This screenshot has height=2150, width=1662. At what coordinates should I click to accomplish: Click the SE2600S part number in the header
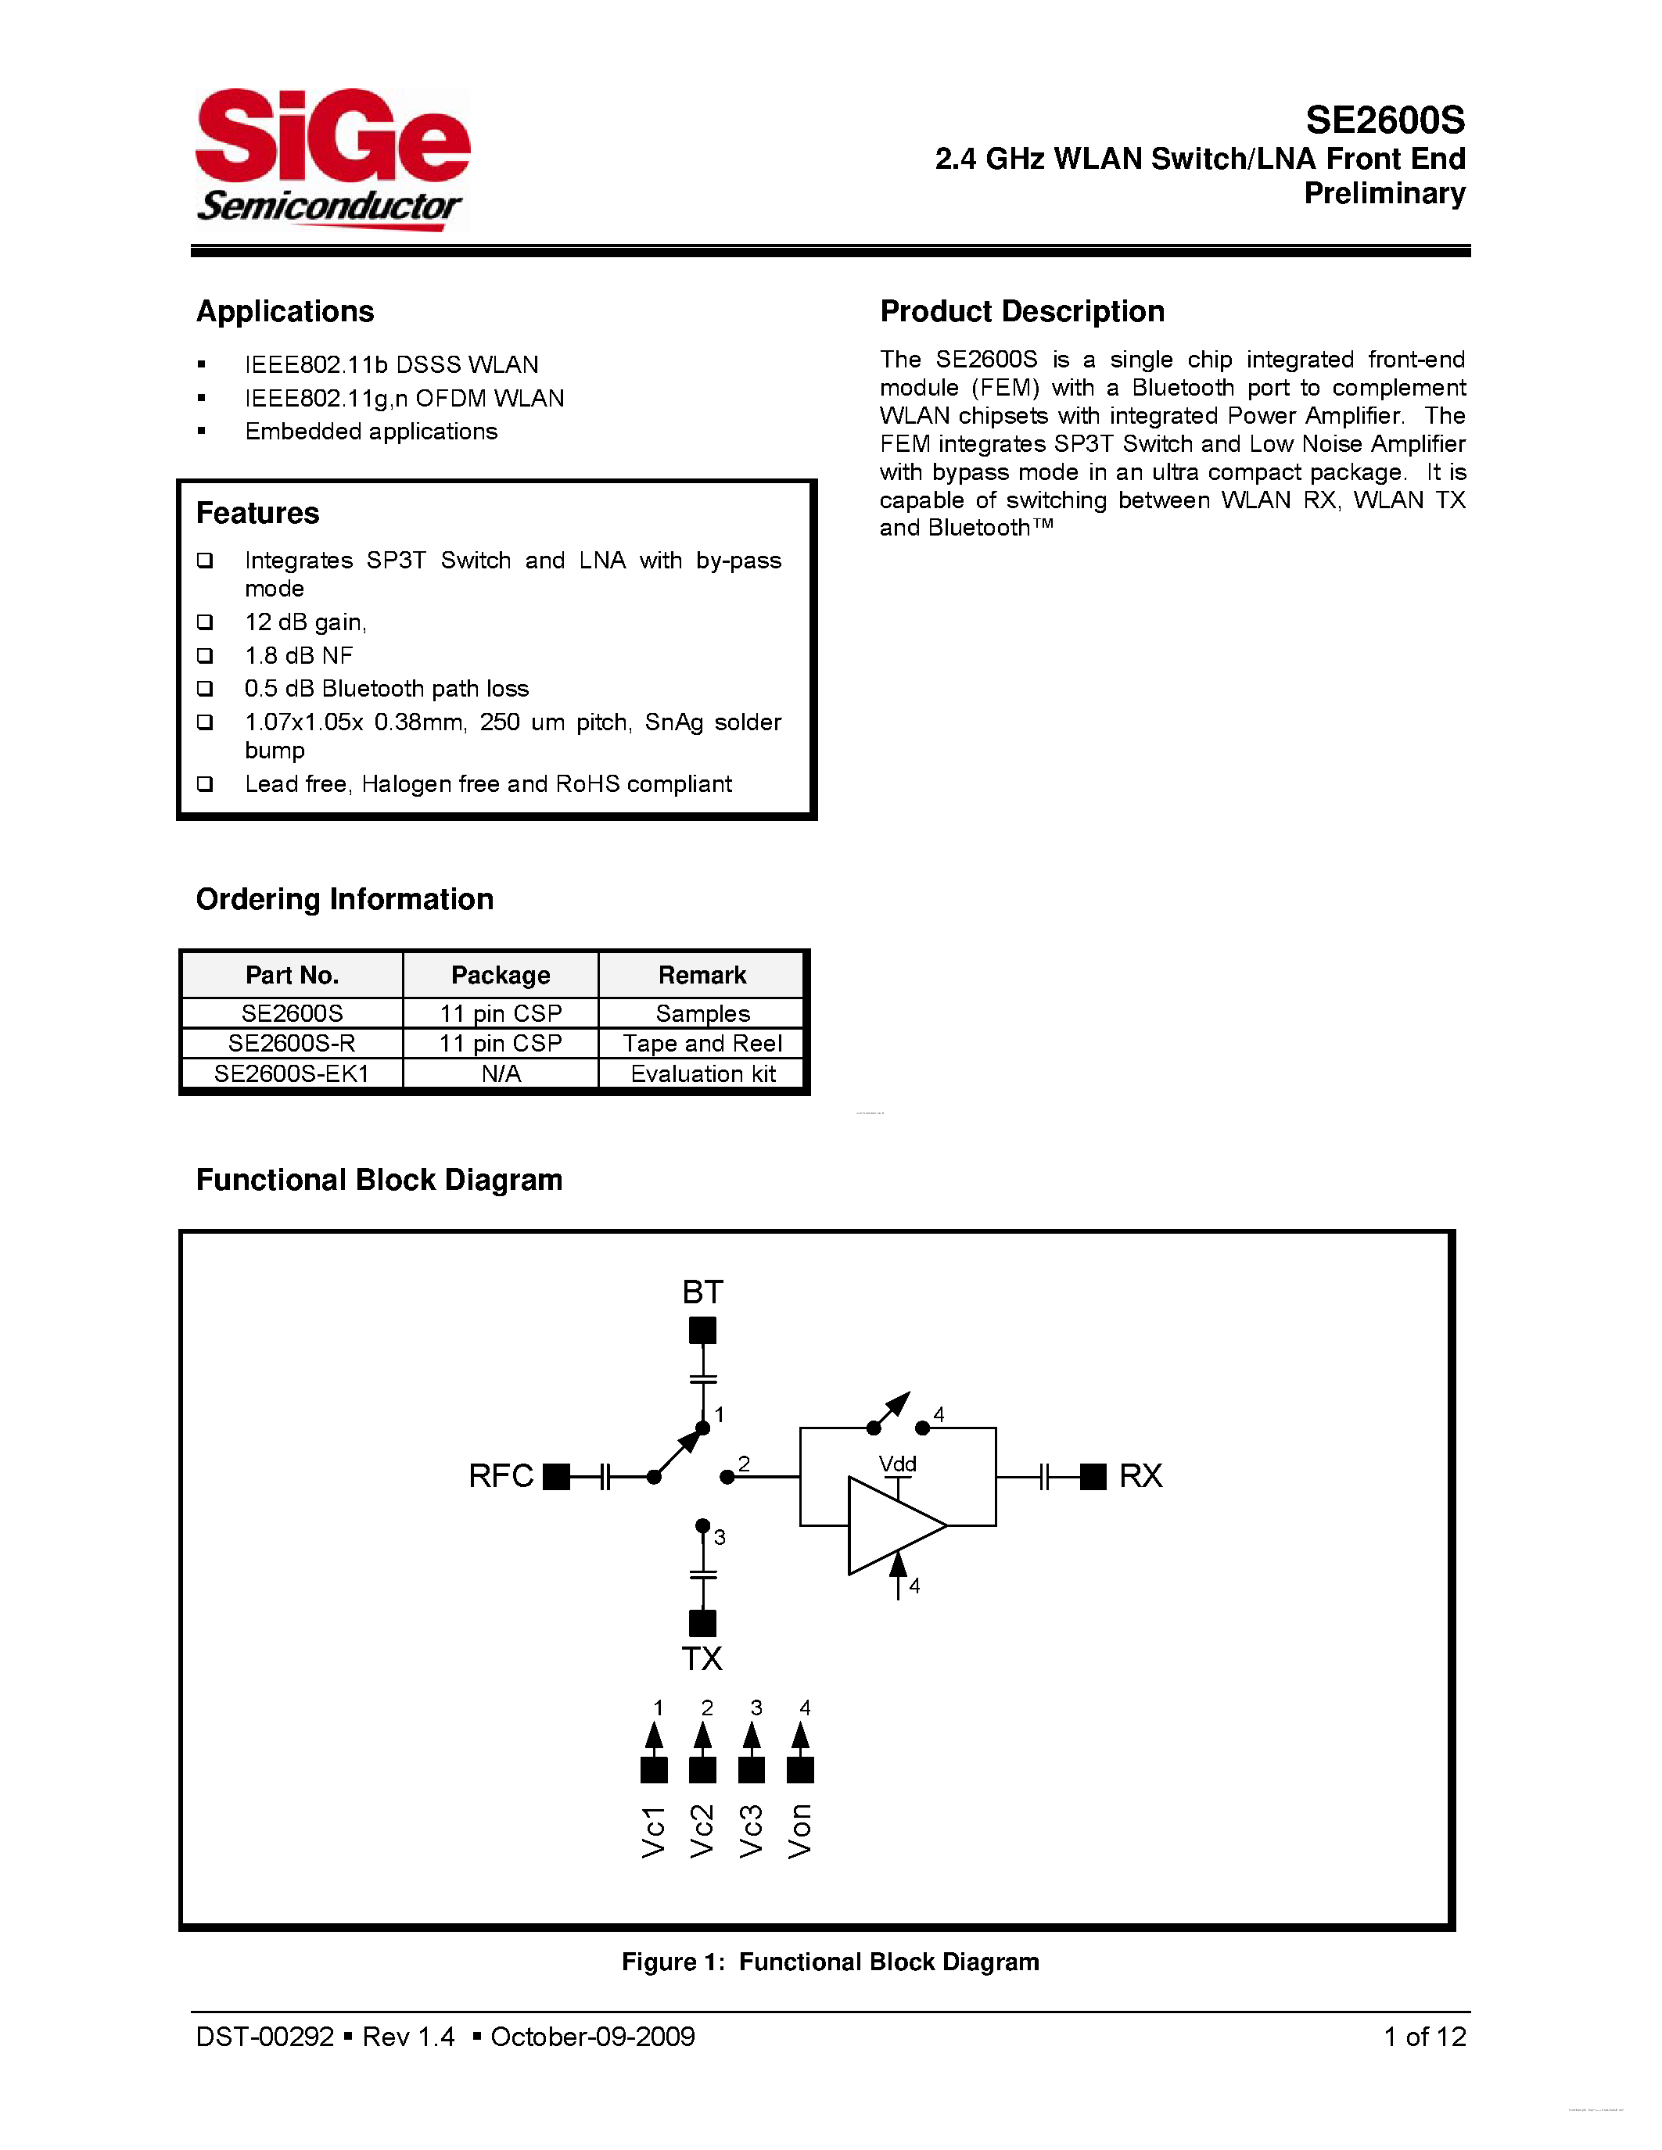coord(1384,120)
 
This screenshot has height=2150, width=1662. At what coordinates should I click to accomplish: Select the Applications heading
coord(285,311)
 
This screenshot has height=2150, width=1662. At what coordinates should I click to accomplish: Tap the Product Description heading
coord(1022,311)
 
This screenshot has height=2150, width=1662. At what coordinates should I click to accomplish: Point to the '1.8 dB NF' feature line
coord(298,656)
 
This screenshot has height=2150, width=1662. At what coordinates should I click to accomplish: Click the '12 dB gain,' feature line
coord(305,622)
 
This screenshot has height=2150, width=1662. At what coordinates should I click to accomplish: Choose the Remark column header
coord(702,975)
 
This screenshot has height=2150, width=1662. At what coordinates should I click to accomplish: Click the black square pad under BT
coord(702,1331)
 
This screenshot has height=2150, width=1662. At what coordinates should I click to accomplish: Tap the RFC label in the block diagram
coord(501,1475)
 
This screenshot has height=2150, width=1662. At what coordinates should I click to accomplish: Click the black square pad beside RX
coord(1093,1475)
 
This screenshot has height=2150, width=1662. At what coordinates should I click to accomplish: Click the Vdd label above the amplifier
coord(897,1464)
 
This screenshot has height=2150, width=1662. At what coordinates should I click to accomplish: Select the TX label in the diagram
coord(702,1659)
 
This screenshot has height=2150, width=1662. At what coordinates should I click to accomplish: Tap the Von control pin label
coord(800,1831)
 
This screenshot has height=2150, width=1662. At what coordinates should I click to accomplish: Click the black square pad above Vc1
coord(654,1770)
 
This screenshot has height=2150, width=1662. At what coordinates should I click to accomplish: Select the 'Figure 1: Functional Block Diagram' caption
coord(830,1962)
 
